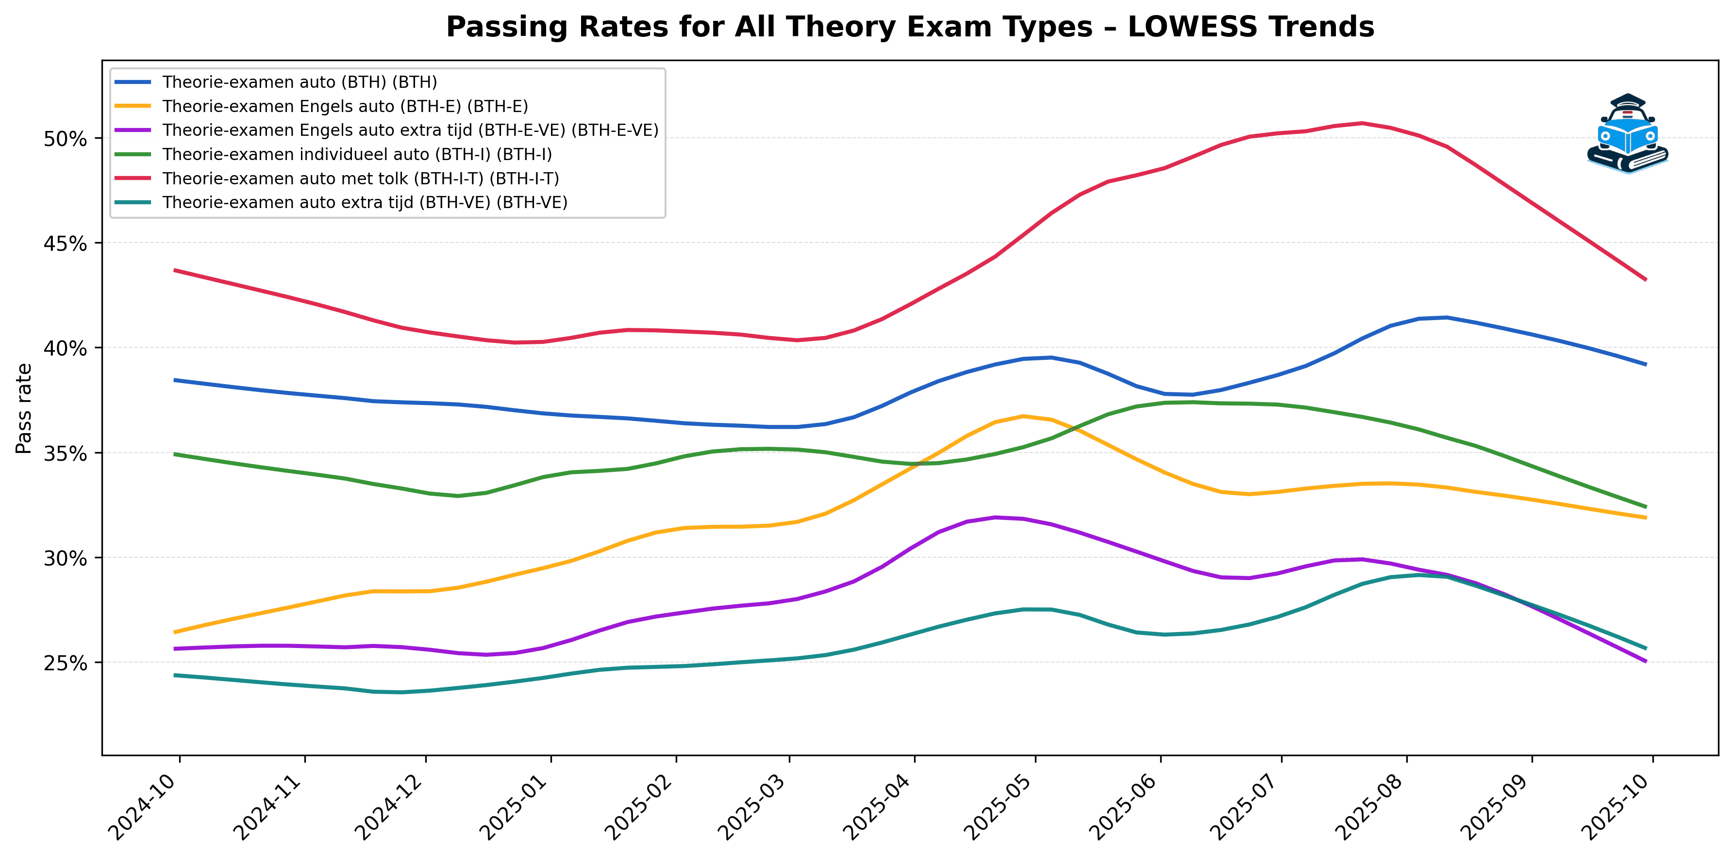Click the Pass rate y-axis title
24,408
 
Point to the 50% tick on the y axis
65,139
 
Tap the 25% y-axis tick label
65,663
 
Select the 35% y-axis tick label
65,453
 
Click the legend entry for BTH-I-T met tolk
361,178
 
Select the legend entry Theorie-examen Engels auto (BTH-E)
345,106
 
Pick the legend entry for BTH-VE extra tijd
365,202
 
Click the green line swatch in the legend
133,154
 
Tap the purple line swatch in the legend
133,130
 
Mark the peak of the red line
1362,123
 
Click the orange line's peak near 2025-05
1023,416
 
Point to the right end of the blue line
1646,364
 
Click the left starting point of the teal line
175,675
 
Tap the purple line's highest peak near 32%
995,517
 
